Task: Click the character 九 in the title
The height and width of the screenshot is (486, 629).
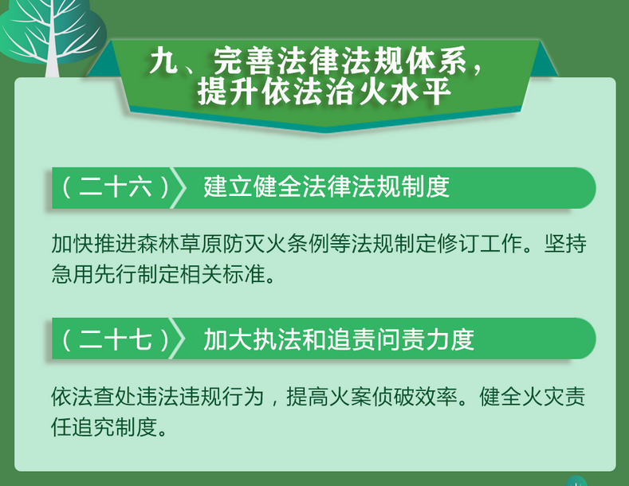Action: (x=163, y=61)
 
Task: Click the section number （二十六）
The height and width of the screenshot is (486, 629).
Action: (x=115, y=187)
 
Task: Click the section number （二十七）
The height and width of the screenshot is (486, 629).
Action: (x=115, y=339)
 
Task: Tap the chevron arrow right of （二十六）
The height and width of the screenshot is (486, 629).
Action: (x=179, y=188)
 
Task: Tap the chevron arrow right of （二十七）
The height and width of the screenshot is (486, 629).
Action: (x=179, y=339)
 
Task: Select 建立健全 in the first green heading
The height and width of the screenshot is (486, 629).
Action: (x=253, y=186)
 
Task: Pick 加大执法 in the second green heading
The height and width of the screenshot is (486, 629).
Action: (x=253, y=339)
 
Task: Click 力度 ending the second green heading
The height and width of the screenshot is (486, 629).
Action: (x=450, y=339)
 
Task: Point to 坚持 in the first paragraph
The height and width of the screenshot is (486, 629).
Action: (x=565, y=244)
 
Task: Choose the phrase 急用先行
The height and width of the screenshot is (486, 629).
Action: (x=94, y=274)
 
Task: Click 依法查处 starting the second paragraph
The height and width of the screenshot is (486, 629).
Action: (x=94, y=396)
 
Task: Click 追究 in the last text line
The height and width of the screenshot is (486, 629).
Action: (x=94, y=427)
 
